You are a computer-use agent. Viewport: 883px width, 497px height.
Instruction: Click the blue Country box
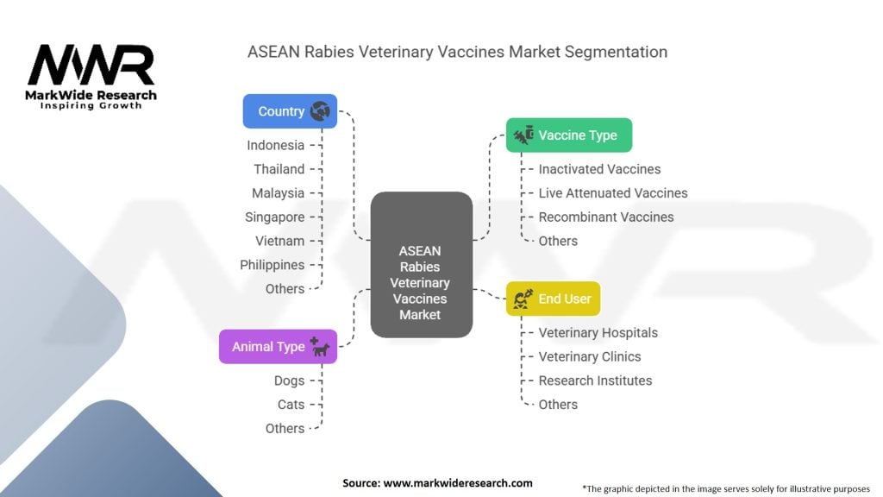click(290, 111)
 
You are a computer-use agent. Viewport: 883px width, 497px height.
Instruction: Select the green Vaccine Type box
click(568, 135)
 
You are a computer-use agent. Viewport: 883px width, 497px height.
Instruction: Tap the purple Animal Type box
click(278, 347)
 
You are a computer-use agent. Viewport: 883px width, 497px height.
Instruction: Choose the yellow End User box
click(553, 299)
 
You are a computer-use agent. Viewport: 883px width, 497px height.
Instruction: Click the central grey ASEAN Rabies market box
click(421, 264)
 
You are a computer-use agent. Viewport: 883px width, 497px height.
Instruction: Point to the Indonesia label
click(275, 145)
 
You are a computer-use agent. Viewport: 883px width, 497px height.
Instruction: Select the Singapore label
click(274, 217)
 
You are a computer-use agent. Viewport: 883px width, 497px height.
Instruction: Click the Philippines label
click(272, 265)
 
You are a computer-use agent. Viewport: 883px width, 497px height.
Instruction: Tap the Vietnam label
click(279, 241)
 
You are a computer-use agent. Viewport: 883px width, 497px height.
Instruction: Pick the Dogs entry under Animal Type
click(289, 381)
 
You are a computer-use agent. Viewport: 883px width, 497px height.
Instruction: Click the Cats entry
click(291, 404)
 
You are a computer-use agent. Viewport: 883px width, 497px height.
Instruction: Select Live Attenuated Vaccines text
click(612, 193)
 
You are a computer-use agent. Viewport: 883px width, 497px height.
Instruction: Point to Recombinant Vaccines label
click(605, 217)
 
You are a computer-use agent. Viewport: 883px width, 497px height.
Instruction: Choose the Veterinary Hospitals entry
click(598, 332)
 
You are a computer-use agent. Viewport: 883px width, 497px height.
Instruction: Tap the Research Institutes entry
click(595, 381)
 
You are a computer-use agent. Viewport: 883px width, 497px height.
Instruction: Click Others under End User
click(558, 404)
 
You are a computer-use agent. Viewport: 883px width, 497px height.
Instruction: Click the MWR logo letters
click(91, 66)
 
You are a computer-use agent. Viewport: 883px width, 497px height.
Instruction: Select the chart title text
click(457, 52)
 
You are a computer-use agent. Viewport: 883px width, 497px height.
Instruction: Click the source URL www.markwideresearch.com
click(457, 483)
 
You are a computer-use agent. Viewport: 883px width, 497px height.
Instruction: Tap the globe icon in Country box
click(320, 111)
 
